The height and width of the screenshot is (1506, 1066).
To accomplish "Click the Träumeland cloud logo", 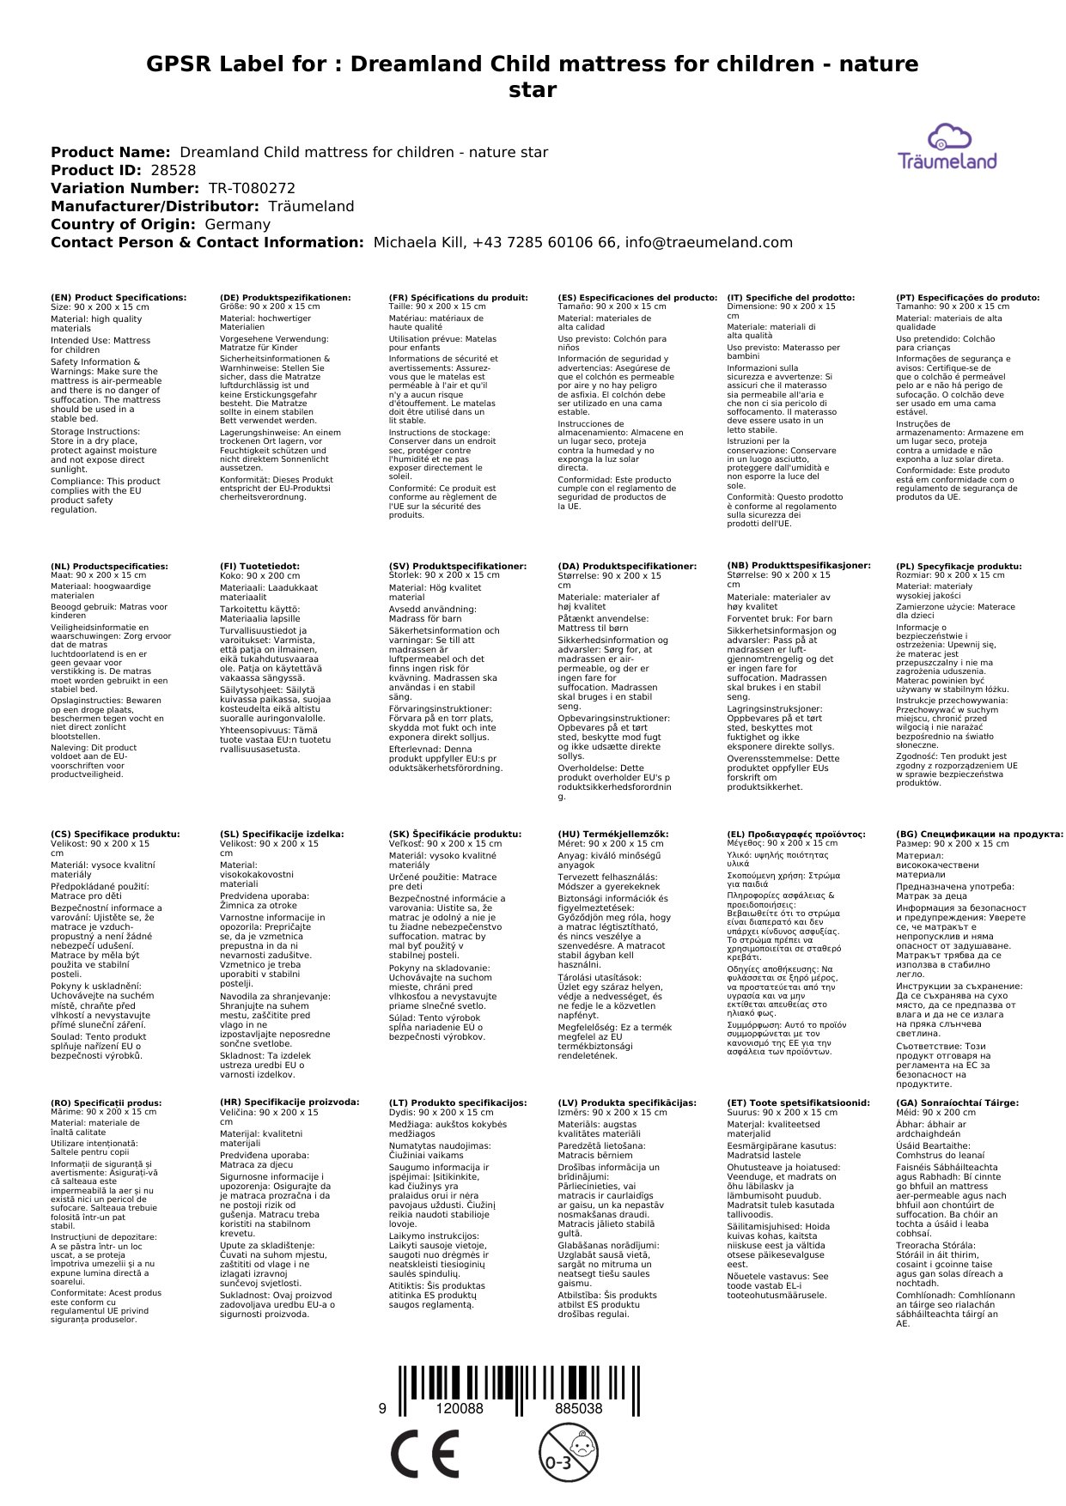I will point(947,147).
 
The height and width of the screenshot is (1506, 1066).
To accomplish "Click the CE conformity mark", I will point(424,1455).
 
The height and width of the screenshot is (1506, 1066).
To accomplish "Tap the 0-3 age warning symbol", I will point(568,1454).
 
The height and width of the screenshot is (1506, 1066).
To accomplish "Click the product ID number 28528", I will point(173,170).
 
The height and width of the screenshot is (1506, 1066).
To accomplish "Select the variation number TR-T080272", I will point(252,188).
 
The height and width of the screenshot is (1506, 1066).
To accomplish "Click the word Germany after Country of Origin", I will point(237,224).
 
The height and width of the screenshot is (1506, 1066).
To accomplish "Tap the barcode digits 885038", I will point(578,1408).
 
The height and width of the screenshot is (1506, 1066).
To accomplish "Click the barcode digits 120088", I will point(460,1408).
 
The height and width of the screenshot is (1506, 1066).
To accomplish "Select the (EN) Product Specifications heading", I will point(119,297).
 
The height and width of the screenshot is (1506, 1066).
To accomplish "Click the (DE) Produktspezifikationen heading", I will point(285,297).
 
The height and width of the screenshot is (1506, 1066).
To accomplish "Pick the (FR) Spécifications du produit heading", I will point(458,297).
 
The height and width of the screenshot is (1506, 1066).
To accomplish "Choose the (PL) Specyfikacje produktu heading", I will point(959,567).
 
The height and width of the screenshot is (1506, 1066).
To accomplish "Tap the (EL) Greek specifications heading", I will point(796,834).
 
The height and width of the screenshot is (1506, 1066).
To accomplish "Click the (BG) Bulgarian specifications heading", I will point(979,834).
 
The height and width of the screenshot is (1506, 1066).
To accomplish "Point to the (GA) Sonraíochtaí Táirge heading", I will point(957,1102).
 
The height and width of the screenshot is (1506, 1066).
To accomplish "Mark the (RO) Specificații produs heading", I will point(106,1102).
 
